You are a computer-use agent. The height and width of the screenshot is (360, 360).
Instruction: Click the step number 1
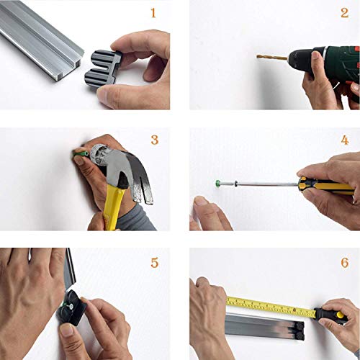(153, 13)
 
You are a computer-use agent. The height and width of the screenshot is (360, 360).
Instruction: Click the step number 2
(345, 13)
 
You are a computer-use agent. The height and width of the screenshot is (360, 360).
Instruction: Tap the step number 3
(155, 140)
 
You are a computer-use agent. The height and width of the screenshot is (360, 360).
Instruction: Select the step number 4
(345, 140)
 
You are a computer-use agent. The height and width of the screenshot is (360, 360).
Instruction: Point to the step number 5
(155, 263)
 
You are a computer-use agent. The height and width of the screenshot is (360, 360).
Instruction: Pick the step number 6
(345, 263)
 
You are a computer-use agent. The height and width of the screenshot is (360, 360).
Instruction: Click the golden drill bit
(272, 57)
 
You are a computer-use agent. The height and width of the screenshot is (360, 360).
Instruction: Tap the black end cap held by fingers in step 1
(103, 68)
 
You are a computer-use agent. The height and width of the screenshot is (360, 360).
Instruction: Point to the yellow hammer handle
(112, 207)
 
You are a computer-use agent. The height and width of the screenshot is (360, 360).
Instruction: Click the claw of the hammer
(142, 182)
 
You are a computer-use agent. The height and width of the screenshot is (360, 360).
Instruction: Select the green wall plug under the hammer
(81, 153)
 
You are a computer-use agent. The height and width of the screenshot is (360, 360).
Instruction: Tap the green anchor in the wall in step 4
(218, 183)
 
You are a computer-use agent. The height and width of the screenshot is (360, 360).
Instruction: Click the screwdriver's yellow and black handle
(326, 185)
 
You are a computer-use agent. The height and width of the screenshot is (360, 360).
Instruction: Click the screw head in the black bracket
(72, 305)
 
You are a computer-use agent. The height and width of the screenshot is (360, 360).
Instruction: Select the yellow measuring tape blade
(271, 307)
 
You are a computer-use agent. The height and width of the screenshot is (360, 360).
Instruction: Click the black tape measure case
(329, 315)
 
